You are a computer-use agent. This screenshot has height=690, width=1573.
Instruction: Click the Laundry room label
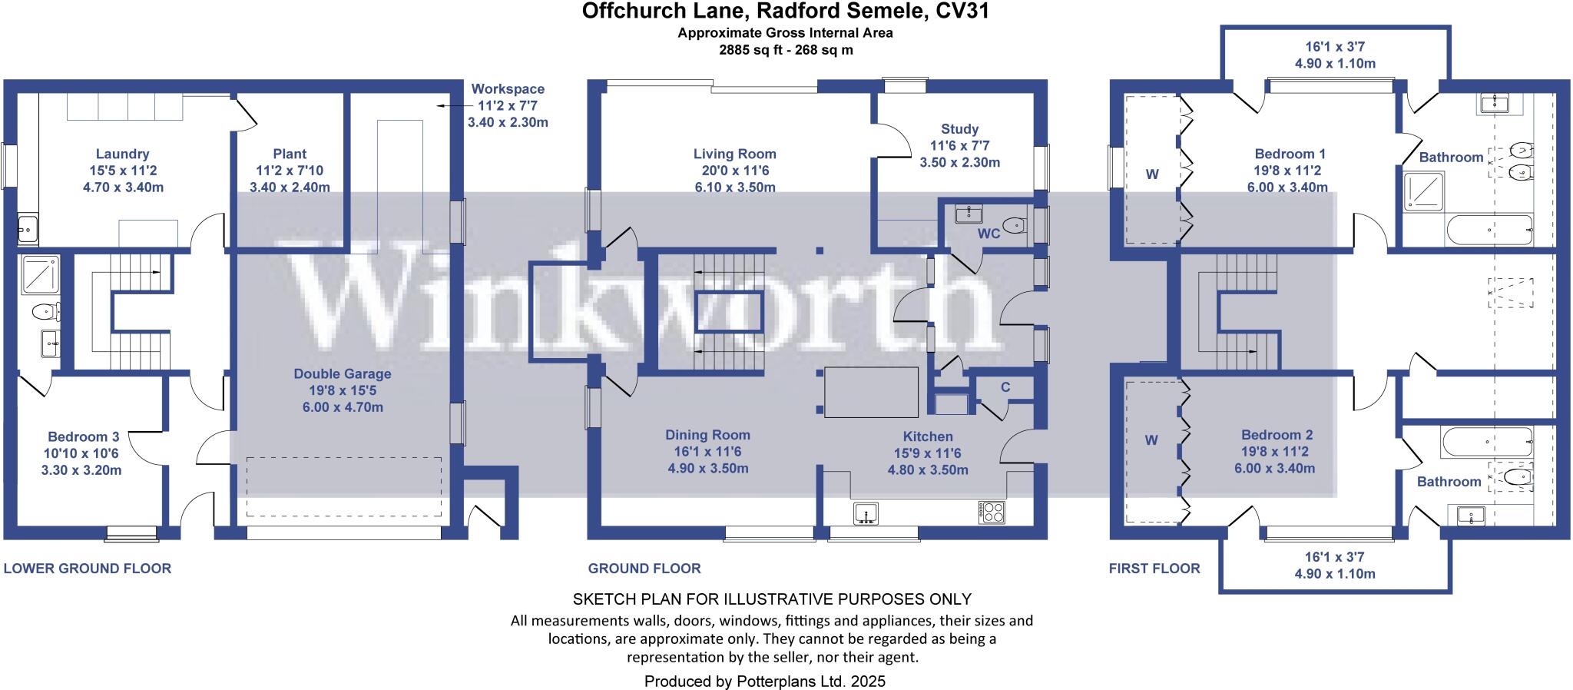[123, 154]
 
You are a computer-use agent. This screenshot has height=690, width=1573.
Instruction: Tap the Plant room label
[290, 154]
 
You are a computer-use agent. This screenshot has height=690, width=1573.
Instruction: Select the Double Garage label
[343, 374]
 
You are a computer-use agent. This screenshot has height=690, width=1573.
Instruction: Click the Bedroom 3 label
[84, 436]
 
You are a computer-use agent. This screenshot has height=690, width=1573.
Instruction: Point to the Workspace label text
[508, 89]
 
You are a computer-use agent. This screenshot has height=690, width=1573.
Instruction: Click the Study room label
[959, 129]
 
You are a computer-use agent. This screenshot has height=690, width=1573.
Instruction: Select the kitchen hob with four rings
[991, 513]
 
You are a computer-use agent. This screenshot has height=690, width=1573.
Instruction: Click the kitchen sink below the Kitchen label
[866, 513]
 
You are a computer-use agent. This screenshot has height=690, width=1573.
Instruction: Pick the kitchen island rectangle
[871, 392]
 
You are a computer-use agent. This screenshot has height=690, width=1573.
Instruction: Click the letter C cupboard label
[1005, 387]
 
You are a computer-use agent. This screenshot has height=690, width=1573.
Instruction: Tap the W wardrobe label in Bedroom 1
[1152, 174]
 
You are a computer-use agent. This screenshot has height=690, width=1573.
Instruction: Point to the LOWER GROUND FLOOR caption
[88, 569]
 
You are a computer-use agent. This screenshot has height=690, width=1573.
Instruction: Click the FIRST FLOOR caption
[1154, 569]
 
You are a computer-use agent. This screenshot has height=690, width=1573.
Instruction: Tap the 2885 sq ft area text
[785, 50]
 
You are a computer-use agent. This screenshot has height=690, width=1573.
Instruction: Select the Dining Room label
[707, 435]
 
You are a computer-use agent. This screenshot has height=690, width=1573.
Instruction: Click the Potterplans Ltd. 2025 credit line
[764, 681]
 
